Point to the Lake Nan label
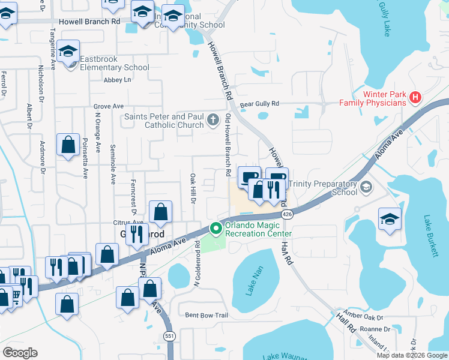[256, 280]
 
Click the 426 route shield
[287, 214]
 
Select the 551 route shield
[170, 336]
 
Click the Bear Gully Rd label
[260, 104]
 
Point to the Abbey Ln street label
[117, 80]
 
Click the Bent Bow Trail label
[206, 315]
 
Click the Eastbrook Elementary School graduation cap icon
[69, 51]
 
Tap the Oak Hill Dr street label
[193, 188]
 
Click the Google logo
[20, 352]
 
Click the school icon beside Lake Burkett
[390, 220]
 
